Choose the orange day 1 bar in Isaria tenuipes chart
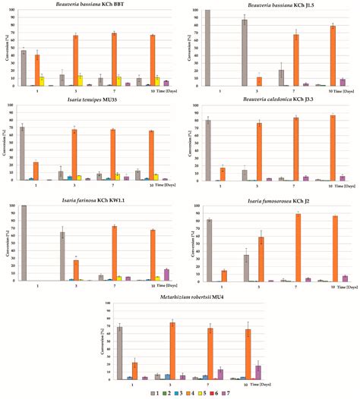click(x=36, y=171)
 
